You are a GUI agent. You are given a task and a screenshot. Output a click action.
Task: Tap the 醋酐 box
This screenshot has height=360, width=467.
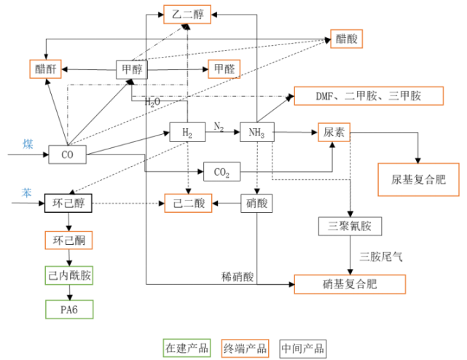(x=45, y=69)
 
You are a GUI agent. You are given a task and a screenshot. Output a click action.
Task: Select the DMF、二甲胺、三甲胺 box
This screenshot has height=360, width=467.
(x=357, y=95)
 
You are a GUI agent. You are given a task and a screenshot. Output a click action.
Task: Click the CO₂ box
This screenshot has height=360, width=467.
(x=221, y=173)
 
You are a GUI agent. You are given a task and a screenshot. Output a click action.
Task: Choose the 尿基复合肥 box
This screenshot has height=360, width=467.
(x=417, y=179)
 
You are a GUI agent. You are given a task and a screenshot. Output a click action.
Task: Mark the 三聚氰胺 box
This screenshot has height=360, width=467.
(x=350, y=226)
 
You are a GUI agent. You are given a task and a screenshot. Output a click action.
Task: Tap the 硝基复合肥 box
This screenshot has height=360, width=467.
(x=349, y=283)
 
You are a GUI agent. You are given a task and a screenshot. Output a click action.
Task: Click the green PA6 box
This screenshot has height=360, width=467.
(x=70, y=309)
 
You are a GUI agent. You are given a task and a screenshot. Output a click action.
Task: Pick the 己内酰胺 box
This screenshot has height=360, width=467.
(x=70, y=275)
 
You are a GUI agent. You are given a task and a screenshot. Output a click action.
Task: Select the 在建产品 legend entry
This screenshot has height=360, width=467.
(x=187, y=348)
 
